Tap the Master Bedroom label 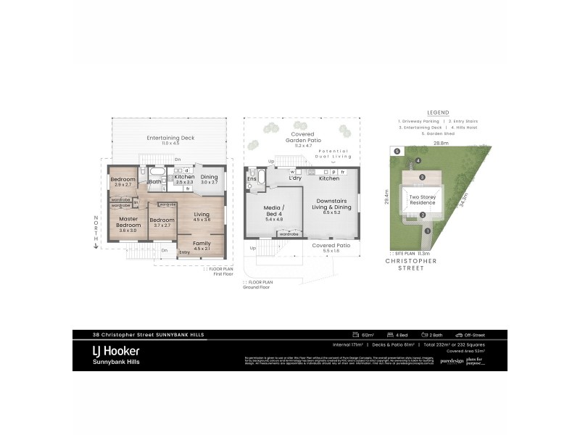pyautogui.click(x=128, y=222)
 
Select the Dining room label pyautogui.click(x=209, y=177)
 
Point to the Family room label pyautogui.click(x=202, y=243)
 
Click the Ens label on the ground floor pyautogui.click(x=252, y=178)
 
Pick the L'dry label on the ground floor pyautogui.click(x=295, y=178)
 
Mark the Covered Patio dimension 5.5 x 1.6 pyautogui.click(x=331, y=252)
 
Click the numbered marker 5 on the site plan pyautogui.click(x=397, y=151)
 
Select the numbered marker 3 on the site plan pyautogui.click(x=423, y=177)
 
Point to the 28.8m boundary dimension pyautogui.click(x=441, y=144)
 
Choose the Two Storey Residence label pyautogui.click(x=423, y=199)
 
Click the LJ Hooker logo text pyautogui.click(x=116, y=351)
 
